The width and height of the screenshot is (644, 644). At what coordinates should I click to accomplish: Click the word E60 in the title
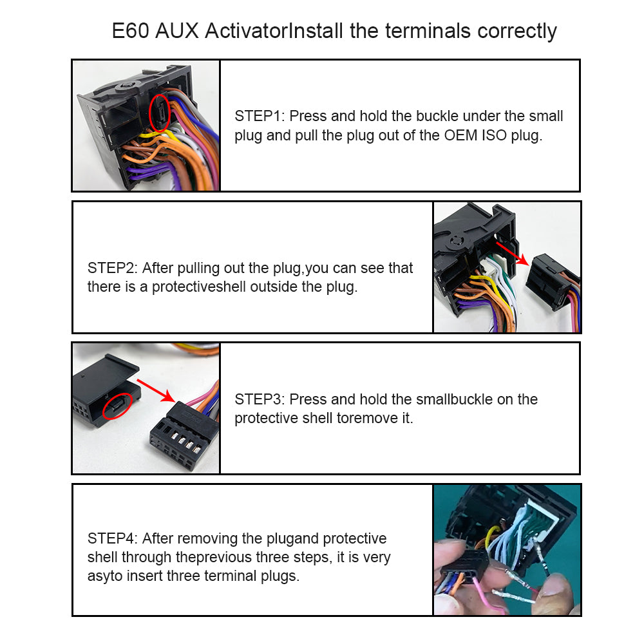(x=130, y=31)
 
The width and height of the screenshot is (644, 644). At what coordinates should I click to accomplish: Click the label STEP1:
(x=260, y=116)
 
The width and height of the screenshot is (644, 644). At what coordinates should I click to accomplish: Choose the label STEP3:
(x=260, y=400)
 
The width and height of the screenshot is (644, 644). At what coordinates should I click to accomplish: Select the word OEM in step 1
(x=461, y=135)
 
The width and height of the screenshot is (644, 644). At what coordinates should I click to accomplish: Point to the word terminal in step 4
(x=230, y=576)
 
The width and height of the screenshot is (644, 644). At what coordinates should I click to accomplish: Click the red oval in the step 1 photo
(x=159, y=113)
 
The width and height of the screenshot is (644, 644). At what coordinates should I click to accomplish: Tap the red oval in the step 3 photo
(x=117, y=406)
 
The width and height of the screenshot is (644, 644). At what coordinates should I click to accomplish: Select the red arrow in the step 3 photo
(x=156, y=391)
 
